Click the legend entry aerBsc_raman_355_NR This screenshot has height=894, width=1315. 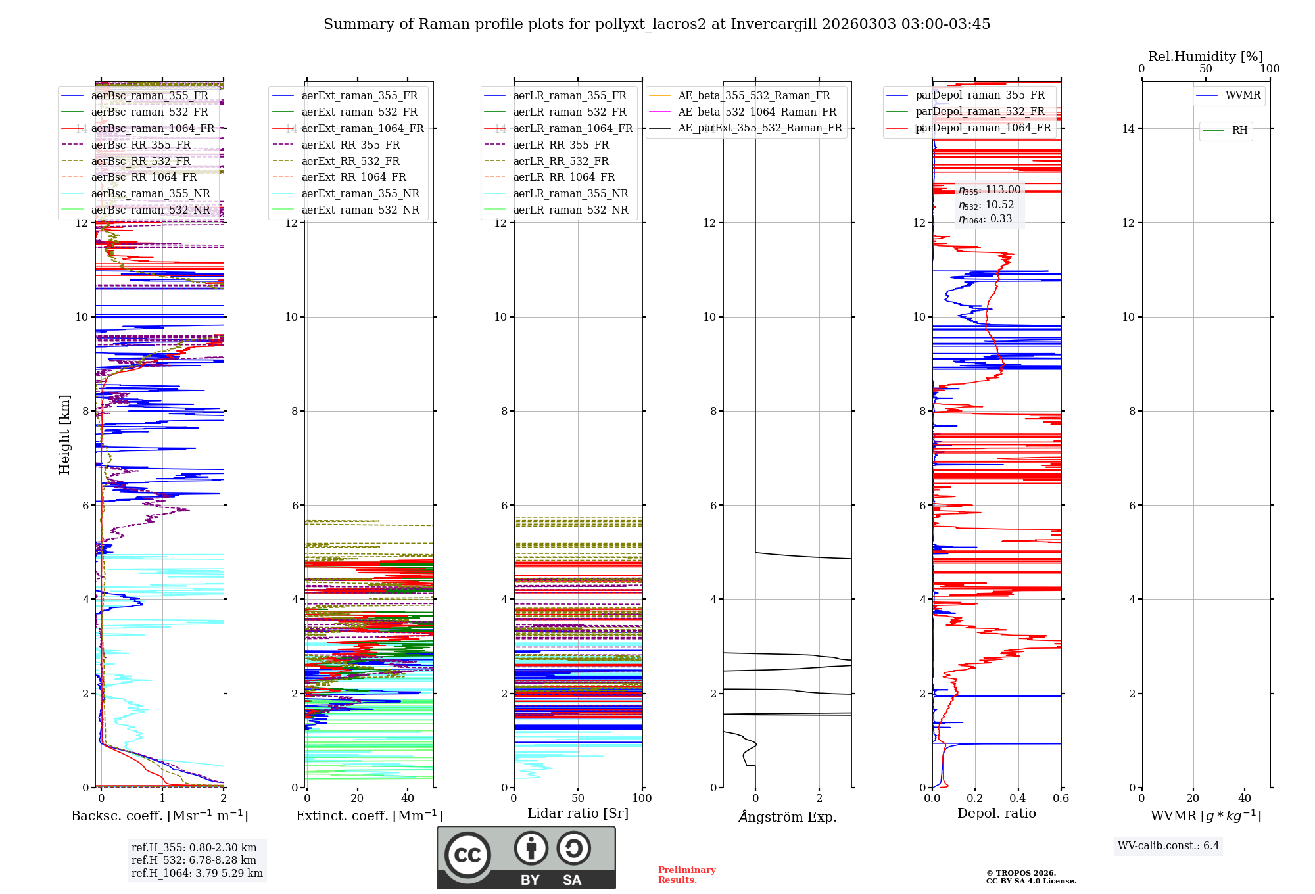(151, 194)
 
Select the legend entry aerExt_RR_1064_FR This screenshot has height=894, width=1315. (354, 177)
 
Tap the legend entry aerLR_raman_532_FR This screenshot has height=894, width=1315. (569, 112)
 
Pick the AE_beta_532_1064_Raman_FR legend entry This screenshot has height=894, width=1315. (757, 112)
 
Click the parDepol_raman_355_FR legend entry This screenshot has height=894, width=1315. (980, 95)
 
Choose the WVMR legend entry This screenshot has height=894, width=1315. (1243, 95)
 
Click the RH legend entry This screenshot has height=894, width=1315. (1239, 131)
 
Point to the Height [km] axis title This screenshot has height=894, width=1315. (64, 435)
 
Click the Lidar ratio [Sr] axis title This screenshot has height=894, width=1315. (577, 814)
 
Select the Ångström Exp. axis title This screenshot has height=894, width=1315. (787, 817)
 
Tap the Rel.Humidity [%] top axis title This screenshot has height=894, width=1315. (1205, 57)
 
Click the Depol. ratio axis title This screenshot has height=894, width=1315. (996, 814)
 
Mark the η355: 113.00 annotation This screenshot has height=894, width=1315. (990, 190)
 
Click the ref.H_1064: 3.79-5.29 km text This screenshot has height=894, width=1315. (197, 874)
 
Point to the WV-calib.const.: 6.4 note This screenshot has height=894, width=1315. (1168, 846)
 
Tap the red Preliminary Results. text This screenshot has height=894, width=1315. (686, 875)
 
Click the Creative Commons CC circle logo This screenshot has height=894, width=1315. (467, 855)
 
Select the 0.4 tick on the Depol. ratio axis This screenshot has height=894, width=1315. (1018, 799)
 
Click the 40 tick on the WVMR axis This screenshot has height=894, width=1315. (1244, 799)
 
